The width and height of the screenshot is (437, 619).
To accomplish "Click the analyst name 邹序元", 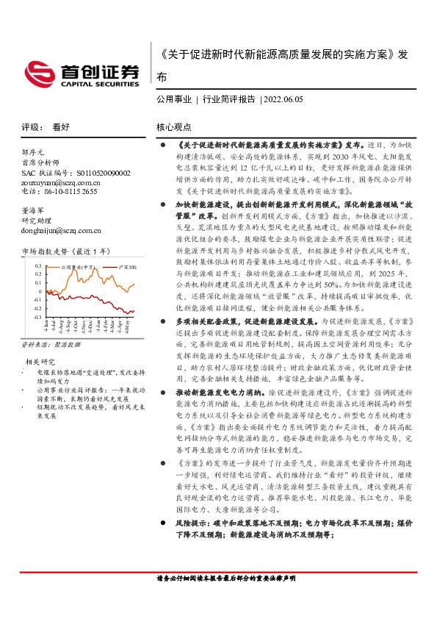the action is coord(34,151).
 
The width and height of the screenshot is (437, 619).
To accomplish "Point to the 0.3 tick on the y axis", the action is coord(37,265).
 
